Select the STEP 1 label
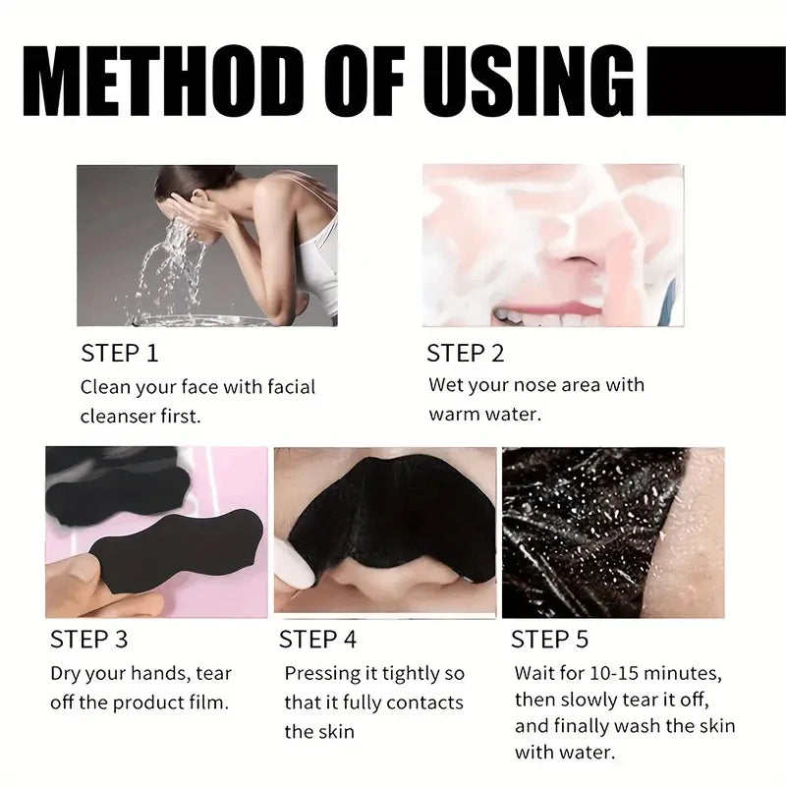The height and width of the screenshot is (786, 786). click(119, 353)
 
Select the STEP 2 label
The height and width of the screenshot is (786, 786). click(465, 353)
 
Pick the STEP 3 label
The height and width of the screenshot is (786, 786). click(88, 640)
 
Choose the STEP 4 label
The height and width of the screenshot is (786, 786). click(317, 640)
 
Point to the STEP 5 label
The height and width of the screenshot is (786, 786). click(549, 640)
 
